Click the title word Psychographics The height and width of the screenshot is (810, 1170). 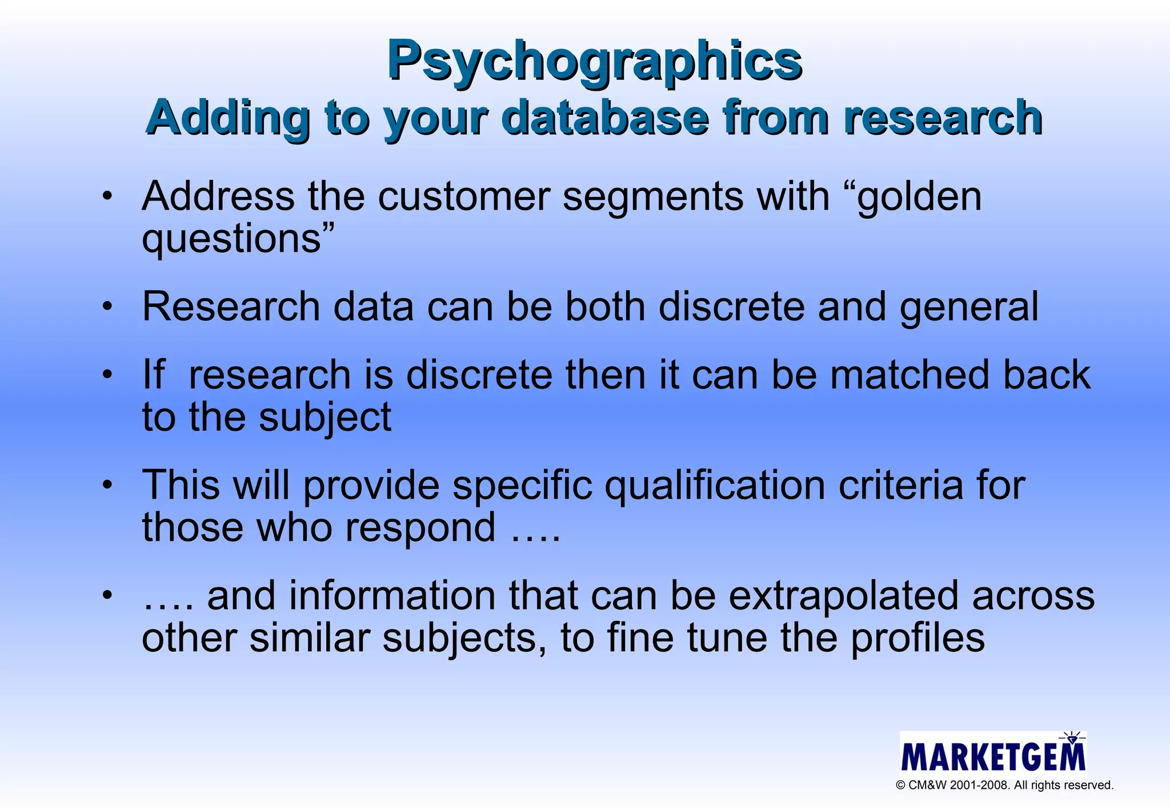point(594,62)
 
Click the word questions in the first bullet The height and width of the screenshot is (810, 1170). point(231,239)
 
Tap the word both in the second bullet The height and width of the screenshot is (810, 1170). point(605,307)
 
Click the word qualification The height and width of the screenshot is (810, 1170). point(714,486)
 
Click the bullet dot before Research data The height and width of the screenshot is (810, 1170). point(107,307)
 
